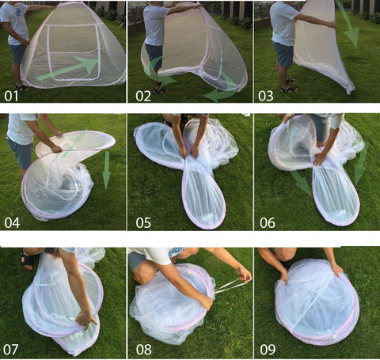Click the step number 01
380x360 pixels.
pos(11,96)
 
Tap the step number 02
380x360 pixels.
pos(143,96)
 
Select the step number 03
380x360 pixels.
pos(266,96)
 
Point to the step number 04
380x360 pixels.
pos(12,223)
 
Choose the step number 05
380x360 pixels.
pos(143,223)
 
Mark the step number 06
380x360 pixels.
pos(268,223)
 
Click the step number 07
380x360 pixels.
pos(11,350)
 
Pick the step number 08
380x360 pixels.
pos(144,350)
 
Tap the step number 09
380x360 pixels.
pos(268,350)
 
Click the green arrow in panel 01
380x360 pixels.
pos(69,68)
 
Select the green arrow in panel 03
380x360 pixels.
pos(348,24)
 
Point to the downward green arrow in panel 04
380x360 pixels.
pos(106,170)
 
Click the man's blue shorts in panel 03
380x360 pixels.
pos(283,54)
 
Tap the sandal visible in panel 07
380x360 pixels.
pos(27,260)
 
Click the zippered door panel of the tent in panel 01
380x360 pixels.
pos(74,51)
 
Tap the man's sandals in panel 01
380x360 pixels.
pos(21,87)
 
